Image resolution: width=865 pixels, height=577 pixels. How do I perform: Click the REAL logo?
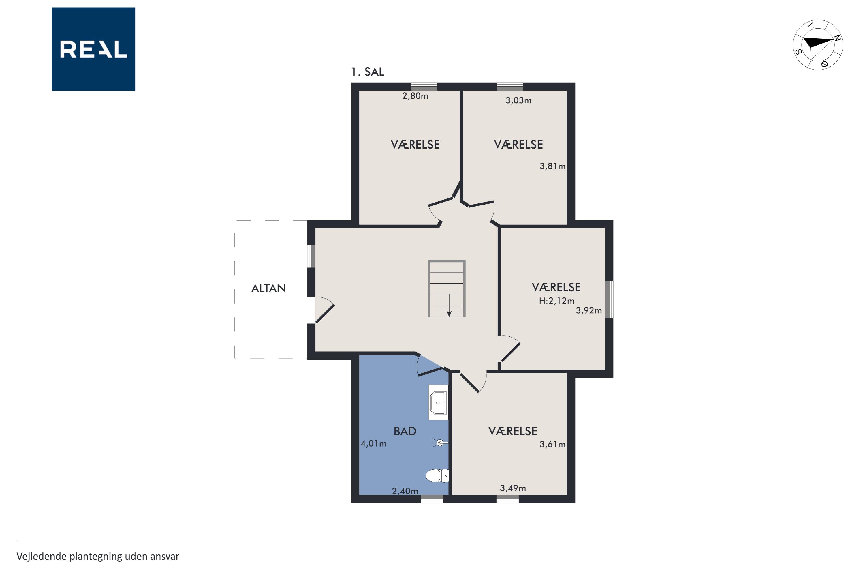coord(93,49)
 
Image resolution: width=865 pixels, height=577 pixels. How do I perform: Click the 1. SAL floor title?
coord(367,72)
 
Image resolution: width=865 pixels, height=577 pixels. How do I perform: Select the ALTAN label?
coord(268,288)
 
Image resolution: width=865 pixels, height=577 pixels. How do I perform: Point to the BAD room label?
coord(405,431)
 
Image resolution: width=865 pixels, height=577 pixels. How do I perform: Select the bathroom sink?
coord(438,402)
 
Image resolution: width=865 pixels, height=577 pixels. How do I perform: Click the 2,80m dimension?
coord(415,96)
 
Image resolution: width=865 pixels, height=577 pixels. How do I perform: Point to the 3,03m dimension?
coord(518,100)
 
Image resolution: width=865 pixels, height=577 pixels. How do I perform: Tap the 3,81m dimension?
coord(552,166)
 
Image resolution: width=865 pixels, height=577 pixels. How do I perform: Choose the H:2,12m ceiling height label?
coord(557,301)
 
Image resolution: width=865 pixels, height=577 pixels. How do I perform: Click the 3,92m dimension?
coord(589,311)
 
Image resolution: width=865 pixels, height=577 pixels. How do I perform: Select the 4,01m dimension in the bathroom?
coord(374,444)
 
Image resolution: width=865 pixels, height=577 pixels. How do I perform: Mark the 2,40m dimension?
coord(405,491)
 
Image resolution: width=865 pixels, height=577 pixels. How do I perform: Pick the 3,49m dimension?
coord(513,488)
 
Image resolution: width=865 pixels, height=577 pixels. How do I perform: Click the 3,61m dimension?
coord(552,445)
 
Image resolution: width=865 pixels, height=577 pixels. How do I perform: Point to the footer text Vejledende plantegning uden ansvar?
coord(98,557)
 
